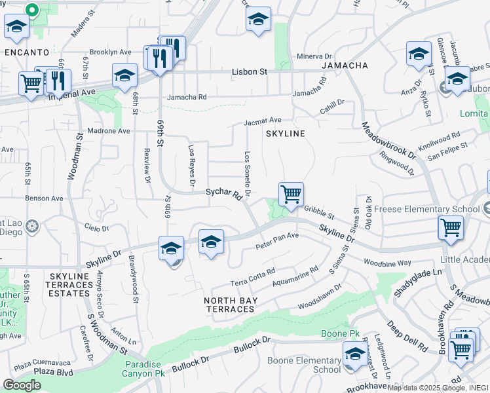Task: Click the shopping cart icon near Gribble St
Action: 291,195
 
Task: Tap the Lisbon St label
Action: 250,71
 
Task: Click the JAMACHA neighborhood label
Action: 342,66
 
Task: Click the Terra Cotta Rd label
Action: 252,278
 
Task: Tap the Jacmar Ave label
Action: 262,121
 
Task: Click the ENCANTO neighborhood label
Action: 26,52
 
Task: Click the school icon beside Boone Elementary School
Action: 355,354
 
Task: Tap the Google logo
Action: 22,385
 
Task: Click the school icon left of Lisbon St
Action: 124,76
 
